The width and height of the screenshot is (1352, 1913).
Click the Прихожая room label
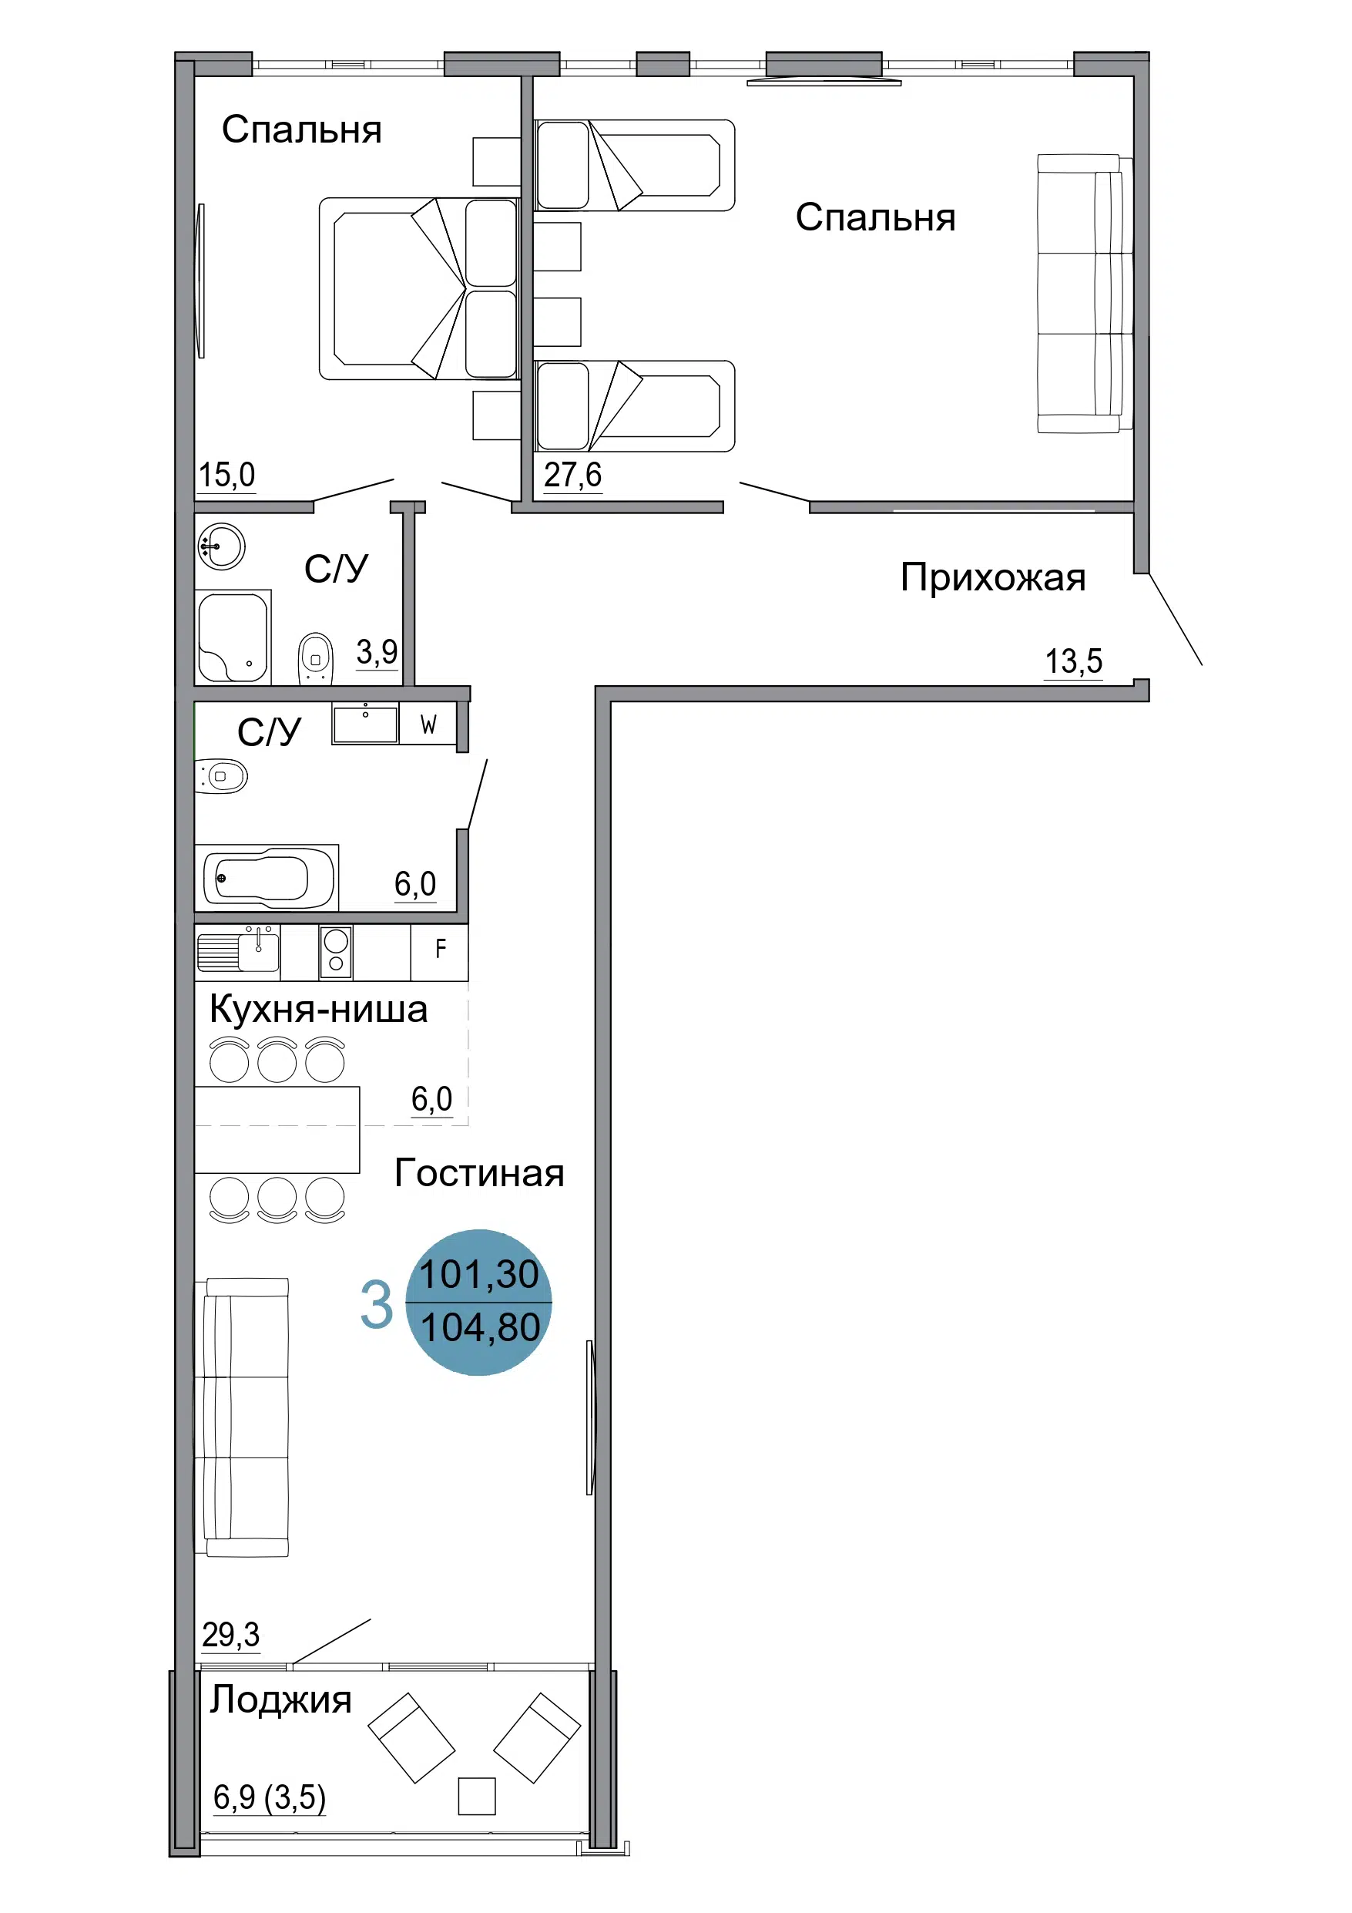click(x=993, y=577)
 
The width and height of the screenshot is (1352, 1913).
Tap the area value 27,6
click(x=572, y=475)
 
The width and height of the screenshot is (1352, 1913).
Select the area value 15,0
click(x=226, y=475)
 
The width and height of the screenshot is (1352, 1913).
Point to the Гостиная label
click(x=479, y=1173)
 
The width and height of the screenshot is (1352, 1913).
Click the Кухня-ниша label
click(x=318, y=1009)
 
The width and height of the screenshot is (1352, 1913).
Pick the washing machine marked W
click(x=428, y=723)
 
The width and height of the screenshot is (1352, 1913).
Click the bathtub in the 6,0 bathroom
click(x=267, y=877)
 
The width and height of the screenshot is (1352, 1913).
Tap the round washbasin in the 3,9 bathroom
click(x=222, y=546)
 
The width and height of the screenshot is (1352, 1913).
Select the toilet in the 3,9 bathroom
click(x=316, y=658)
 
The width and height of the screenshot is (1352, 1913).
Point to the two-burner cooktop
click(x=336, y=952)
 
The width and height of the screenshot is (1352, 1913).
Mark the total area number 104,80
click(x=480, y=1327)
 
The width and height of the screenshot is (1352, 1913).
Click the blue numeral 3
click(x=376, y=1305)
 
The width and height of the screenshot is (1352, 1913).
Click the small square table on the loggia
click(x=477, y=1797)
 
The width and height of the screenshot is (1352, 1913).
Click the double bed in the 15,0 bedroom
click(x=420, y=288)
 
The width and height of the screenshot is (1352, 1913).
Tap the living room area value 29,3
click(x=231, y=1635)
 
